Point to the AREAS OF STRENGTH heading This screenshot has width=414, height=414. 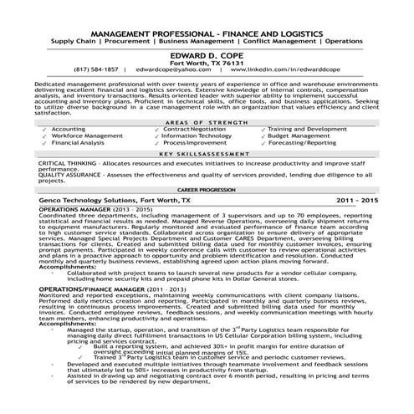coord(207,121)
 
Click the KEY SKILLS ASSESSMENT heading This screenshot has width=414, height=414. coord(207,155)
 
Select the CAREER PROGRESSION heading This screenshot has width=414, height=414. coord(207,190)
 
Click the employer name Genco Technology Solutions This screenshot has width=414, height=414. coord(87,202)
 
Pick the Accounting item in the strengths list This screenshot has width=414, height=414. coord(68,130)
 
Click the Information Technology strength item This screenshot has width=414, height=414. coord(197,136)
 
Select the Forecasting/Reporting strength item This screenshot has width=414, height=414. coord(302,143)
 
